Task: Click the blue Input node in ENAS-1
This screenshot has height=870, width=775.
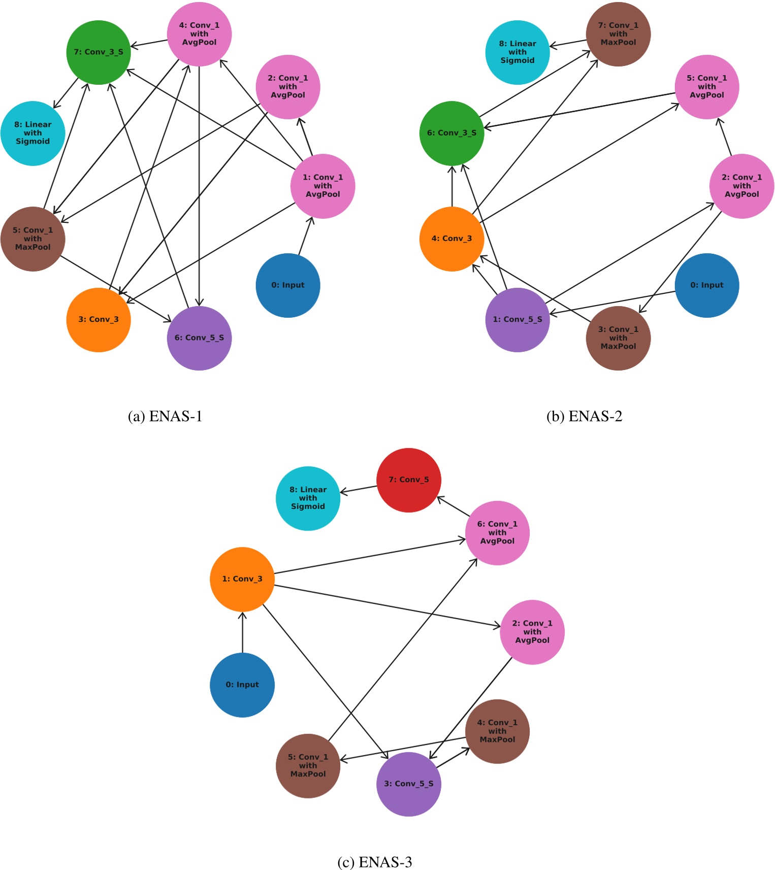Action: click(x=288, y=285)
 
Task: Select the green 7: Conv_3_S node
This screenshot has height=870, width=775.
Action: click(x=99, y=52)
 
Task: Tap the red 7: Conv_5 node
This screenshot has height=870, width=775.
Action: click(x=409, y=480)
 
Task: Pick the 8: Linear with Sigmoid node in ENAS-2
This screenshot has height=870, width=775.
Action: click(x=518, y=52)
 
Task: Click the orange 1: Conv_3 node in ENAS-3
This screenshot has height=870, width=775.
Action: click(x=242, y=579)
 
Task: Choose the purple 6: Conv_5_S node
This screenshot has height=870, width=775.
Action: click(x=199, y=338)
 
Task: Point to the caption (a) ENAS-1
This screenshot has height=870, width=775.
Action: click(x=165, y=417)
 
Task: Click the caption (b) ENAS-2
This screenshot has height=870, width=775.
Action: click(x=584, y=417)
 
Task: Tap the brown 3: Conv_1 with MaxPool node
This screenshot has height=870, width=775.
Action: click(x=618, y=338)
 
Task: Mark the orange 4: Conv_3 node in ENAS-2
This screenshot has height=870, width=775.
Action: click(x=451, y=239)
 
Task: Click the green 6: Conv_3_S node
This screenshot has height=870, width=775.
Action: click(x=451, y=133)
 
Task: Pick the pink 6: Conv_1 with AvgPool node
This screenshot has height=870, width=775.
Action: click(x=497, y=533)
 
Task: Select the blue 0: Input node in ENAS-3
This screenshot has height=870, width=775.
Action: click(x=242, y=685)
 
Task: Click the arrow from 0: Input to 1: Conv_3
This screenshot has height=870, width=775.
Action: click(x=242, y=632)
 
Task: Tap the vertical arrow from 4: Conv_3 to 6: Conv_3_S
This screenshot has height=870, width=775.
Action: click(x=451, y=186)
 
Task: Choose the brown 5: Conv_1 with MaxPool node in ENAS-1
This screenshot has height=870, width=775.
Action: click(x=33, y=239)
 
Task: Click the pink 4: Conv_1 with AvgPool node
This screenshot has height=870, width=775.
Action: click(x=199, y=34)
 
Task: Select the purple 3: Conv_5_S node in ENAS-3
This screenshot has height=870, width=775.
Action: click(x=409, y=784)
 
